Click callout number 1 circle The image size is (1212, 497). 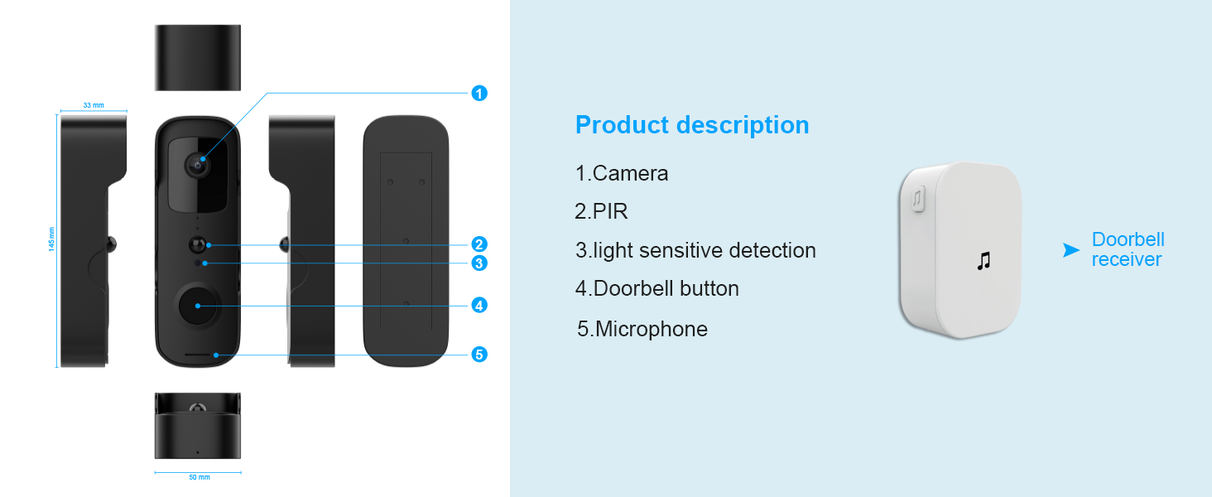click(479, 94)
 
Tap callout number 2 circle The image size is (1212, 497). click(479, 244)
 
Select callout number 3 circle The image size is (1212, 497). click(479, 263)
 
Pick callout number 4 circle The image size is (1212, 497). click(479, 305)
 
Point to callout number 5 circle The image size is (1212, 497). click(479, 355)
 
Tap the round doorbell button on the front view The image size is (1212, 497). click(198, 306)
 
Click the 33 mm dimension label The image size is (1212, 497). click(94, 105)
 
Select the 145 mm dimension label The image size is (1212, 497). click(52, 239)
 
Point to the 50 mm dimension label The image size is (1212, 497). click(199, 478)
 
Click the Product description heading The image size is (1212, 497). click(692, 125)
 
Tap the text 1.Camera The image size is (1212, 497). click(622, 173)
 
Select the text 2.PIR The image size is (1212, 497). click(602, 211)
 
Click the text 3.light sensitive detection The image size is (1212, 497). click(695, 250)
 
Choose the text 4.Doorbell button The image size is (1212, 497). click(657, 288)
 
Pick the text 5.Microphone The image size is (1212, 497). click(642, 329)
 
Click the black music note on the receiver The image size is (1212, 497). click(983, 261)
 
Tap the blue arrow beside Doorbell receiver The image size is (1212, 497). click(1071, 250)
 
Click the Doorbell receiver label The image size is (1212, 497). click(1128, 249)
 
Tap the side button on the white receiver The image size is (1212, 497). click(918, 200)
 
